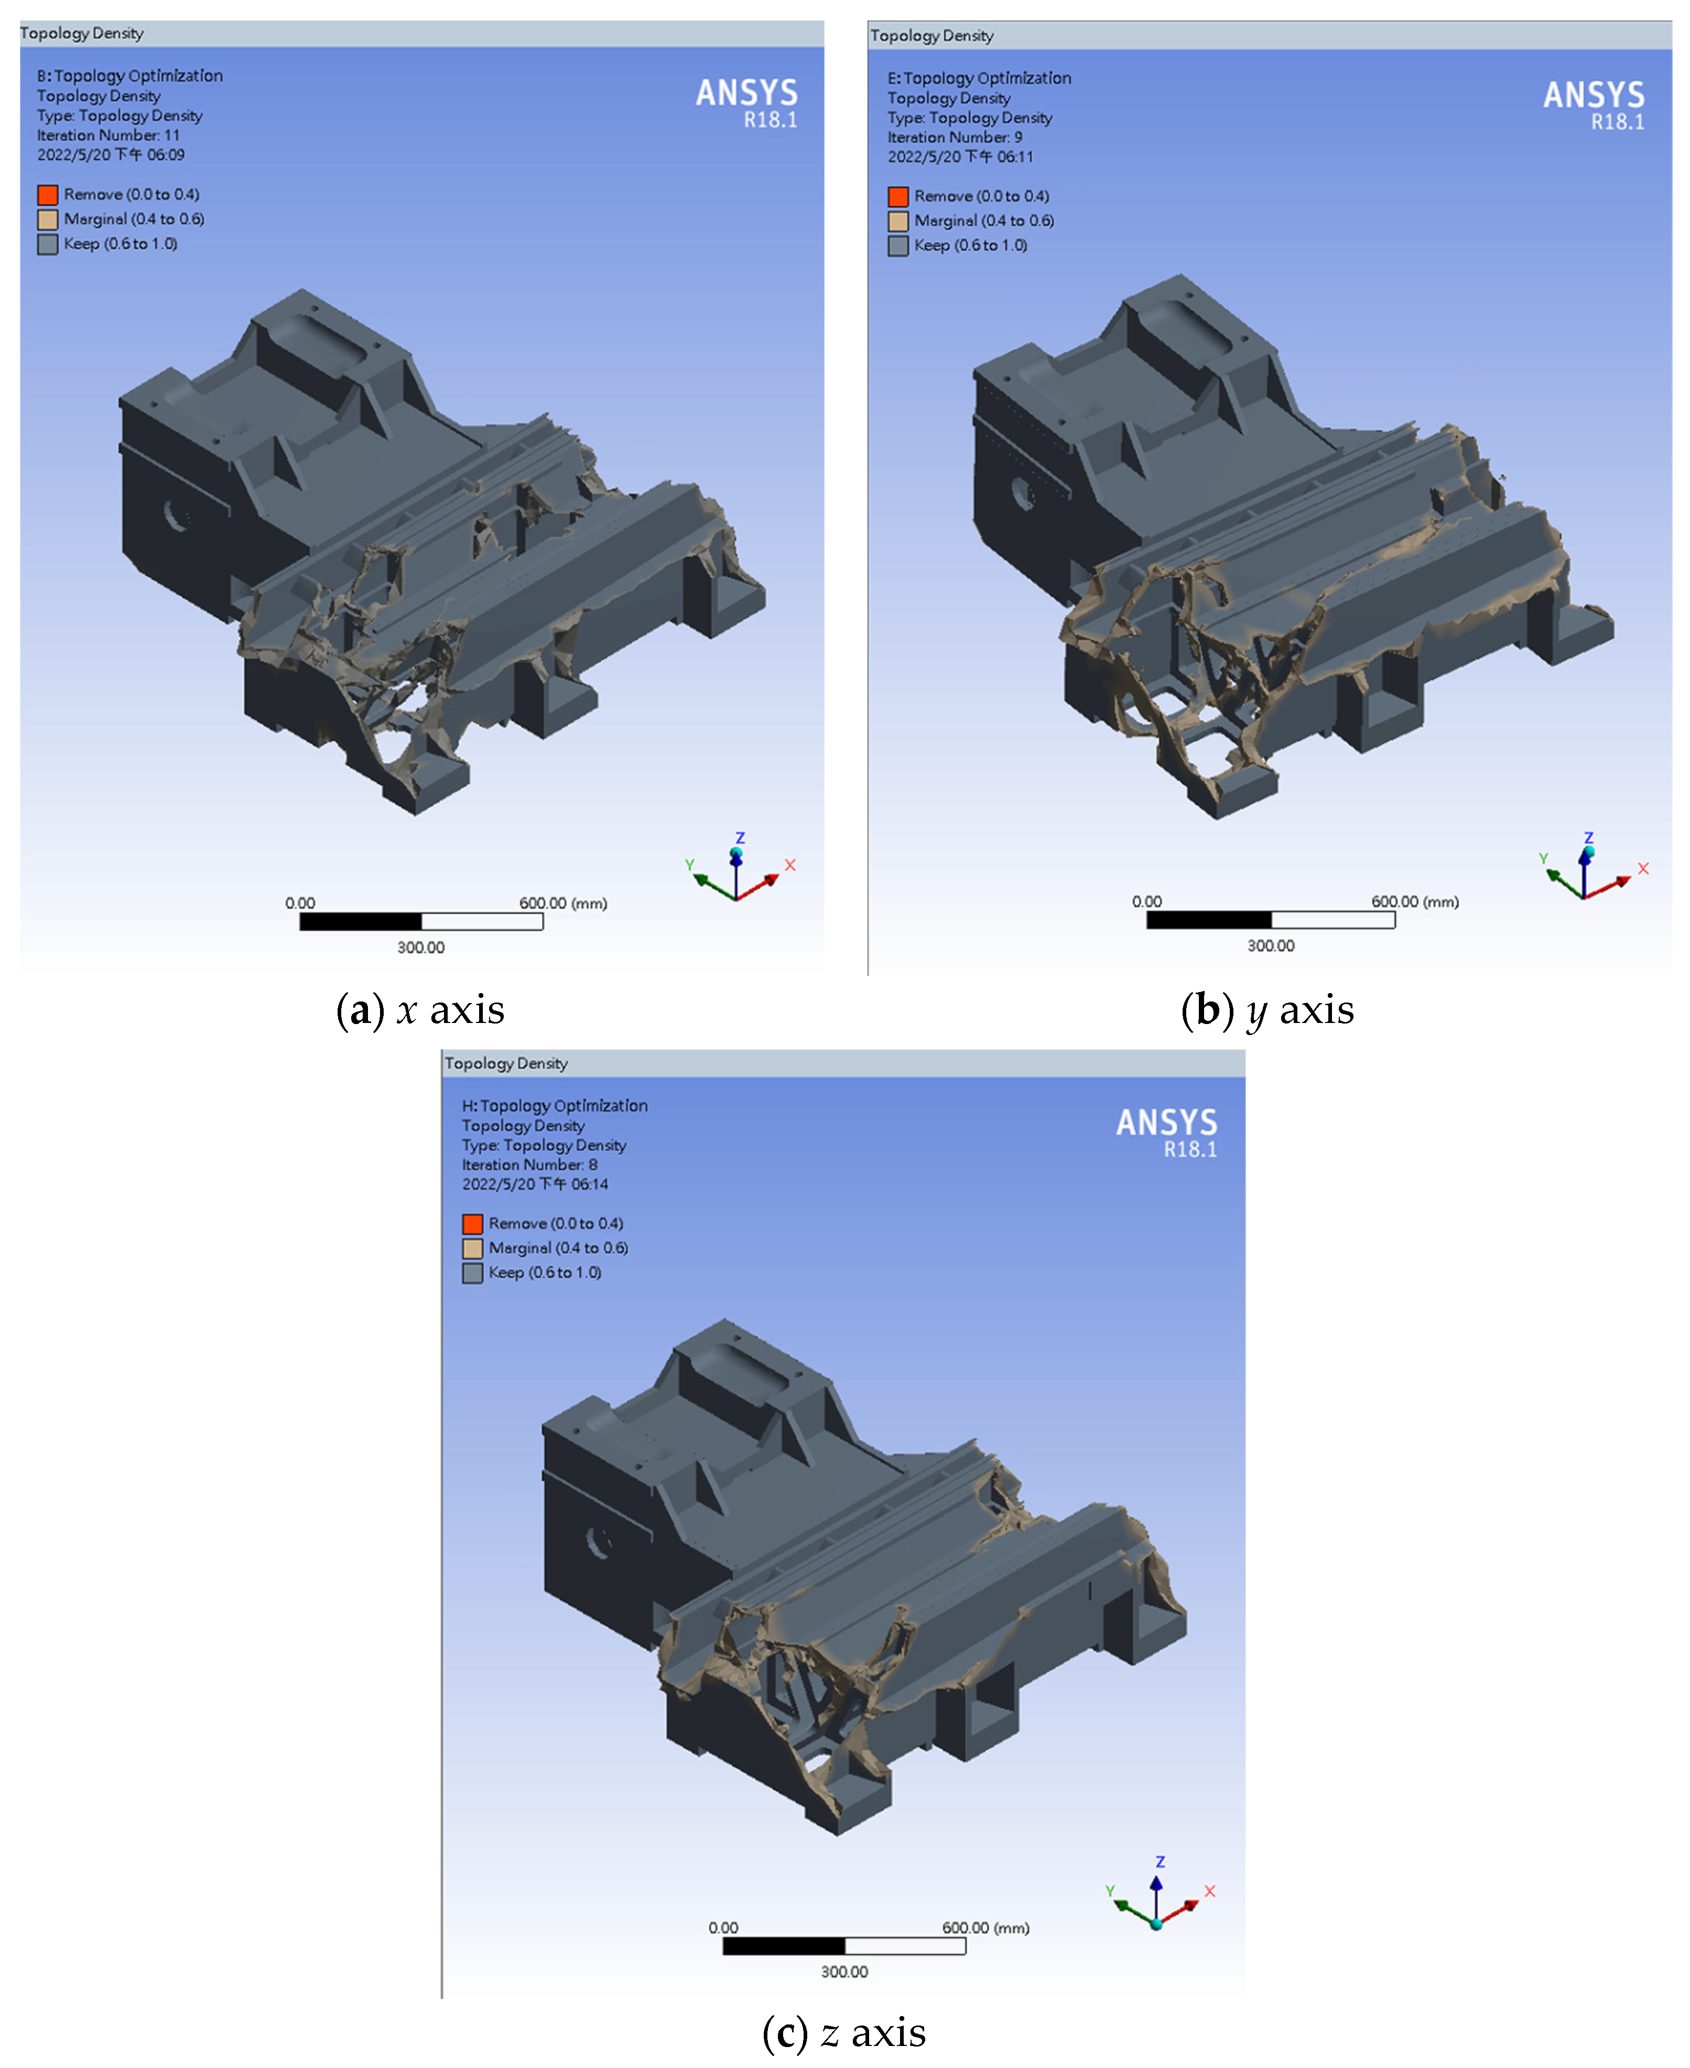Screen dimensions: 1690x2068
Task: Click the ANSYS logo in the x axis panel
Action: tap(746, 102)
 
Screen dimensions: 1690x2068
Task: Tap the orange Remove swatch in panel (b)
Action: tap(897, 197)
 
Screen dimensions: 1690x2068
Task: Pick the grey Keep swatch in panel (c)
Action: tap(472, 1273)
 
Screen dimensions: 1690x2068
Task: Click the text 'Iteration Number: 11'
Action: tap(108, 135)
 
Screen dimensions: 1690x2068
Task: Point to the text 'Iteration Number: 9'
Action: tap(955, 137)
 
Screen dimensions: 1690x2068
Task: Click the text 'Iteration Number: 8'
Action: tap(529, 1165)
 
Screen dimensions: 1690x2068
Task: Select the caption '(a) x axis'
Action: tap(420, 1010)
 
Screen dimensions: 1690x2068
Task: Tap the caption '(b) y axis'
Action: tap(1267, 1010)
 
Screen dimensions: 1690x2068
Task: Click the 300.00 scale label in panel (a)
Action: tap(420, 947)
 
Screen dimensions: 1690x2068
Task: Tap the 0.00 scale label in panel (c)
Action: tap(723, 1928)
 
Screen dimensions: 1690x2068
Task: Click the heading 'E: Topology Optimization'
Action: tap(979, 78)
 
